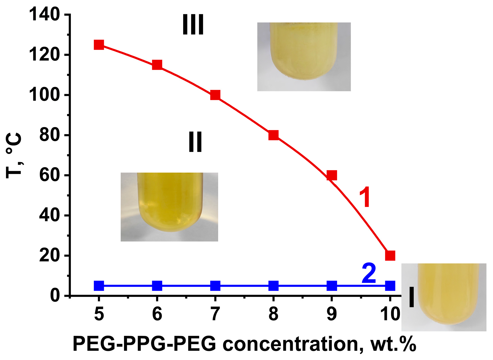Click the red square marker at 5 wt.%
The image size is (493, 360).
99,45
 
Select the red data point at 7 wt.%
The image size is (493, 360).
215,95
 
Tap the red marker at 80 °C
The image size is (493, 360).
273,135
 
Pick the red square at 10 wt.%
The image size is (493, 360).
390,255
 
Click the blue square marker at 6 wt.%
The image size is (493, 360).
157,285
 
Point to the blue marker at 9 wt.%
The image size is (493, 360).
332,285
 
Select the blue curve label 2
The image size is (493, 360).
369,274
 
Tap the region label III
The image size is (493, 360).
193,25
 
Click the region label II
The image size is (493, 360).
195,142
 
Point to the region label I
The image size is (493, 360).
411,297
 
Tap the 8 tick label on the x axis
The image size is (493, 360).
273,314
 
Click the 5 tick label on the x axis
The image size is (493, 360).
99,314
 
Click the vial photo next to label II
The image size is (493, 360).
169,207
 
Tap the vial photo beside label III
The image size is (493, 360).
304,57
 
